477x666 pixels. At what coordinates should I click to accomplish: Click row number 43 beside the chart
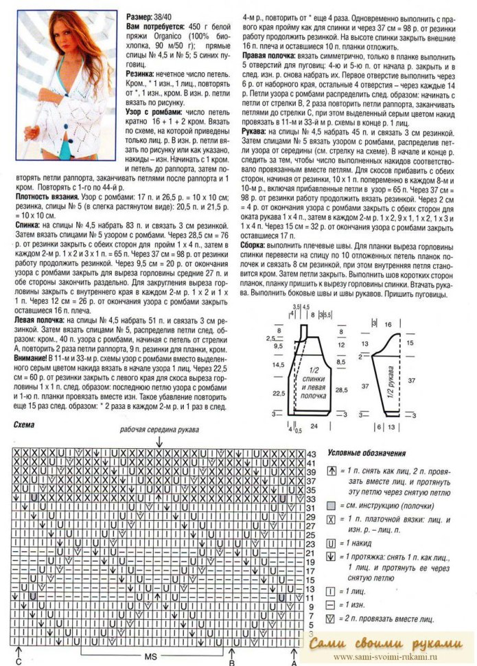click(x=310, y=455)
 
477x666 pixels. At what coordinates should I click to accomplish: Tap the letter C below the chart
click(x=19, y=662)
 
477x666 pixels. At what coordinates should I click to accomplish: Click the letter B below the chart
click(x=232, y=662)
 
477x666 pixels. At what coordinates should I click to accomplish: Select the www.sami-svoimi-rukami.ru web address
click(x=388, y=658)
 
